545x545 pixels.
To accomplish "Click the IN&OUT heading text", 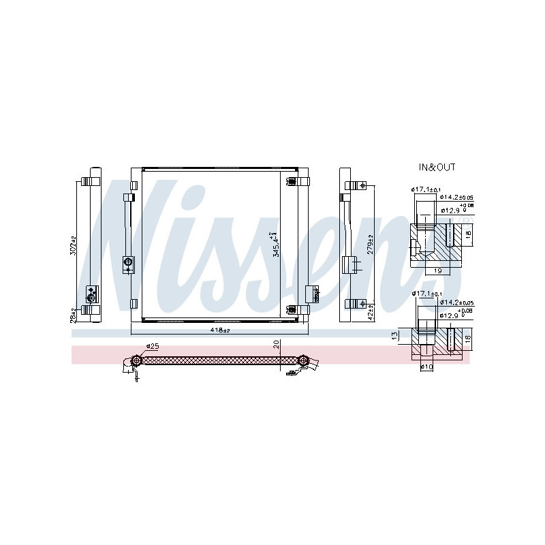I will pyautogui.click(x=437, y=167).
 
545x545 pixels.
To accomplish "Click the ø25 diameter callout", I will pyautogui.click(x=152, y=346).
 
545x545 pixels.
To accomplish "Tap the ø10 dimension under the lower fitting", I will pyautogui.click(x=426, y=367).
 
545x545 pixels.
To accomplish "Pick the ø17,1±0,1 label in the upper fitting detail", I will pyautogui.click(x=426, y=189).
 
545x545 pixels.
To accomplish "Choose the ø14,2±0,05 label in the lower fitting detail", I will pyautogui.click(x=457, y=302).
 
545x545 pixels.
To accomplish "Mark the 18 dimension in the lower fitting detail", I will pyautogui.click(x=467, y=339).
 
